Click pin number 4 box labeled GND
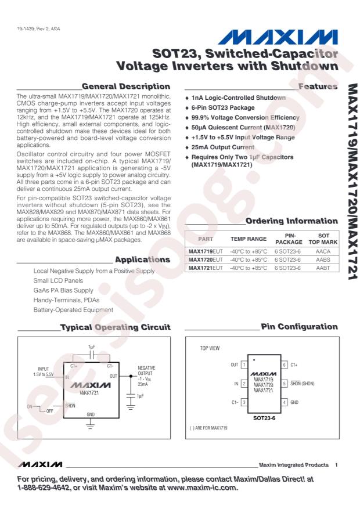pos(285,402)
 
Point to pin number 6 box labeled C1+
pos(285,364)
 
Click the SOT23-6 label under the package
pos(264,417)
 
